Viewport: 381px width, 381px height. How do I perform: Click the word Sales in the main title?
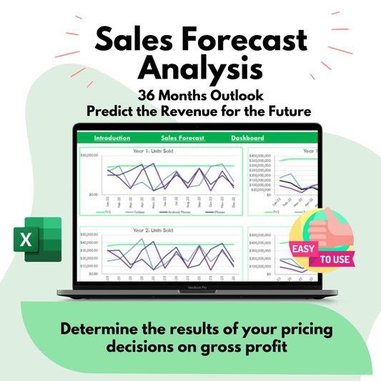click(x=124, y=40)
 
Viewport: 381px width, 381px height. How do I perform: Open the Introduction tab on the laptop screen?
click(x=112, y=138)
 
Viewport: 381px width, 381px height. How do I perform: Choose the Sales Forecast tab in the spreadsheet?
click(x=183, y=138)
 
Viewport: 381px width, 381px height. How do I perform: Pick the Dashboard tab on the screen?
click(x=247, y=138)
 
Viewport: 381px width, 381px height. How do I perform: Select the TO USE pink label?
click(x=333, y=258)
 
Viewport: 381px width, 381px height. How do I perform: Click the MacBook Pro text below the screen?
click(x=191, y=288)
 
